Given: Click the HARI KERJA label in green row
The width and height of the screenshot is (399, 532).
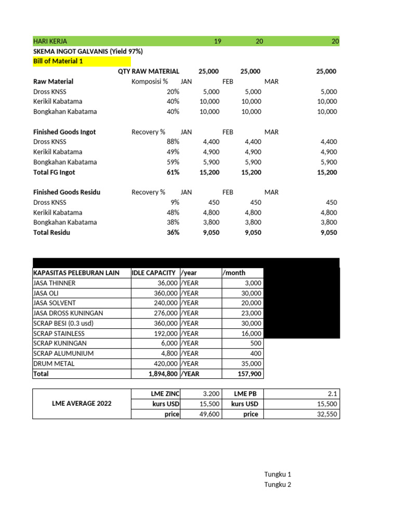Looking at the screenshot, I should (x=50, y=41).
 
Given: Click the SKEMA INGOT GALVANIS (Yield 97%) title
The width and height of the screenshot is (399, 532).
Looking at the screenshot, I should (x=88, y=51).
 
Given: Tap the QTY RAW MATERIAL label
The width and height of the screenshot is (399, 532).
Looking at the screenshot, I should (x=149, y=71).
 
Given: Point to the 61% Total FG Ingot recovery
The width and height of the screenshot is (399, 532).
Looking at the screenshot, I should (x=173, y=172).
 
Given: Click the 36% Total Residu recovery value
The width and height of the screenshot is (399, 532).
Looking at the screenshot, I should (x=173, y=232).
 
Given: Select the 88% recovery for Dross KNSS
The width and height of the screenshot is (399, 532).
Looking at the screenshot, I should (x=173, y=141).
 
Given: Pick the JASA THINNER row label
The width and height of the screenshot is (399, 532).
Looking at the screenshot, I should (x=54, y=283).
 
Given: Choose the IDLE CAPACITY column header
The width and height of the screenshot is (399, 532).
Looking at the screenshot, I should (x=154, y=273).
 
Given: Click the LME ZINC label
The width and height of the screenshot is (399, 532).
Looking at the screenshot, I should (x=163, y=394).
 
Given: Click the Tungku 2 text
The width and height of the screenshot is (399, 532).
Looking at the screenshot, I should (x=278, y=484).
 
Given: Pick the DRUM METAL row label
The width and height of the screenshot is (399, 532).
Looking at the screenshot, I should (x=54, y=364).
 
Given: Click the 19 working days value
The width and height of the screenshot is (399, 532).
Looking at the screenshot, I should (x=217, y=41).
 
